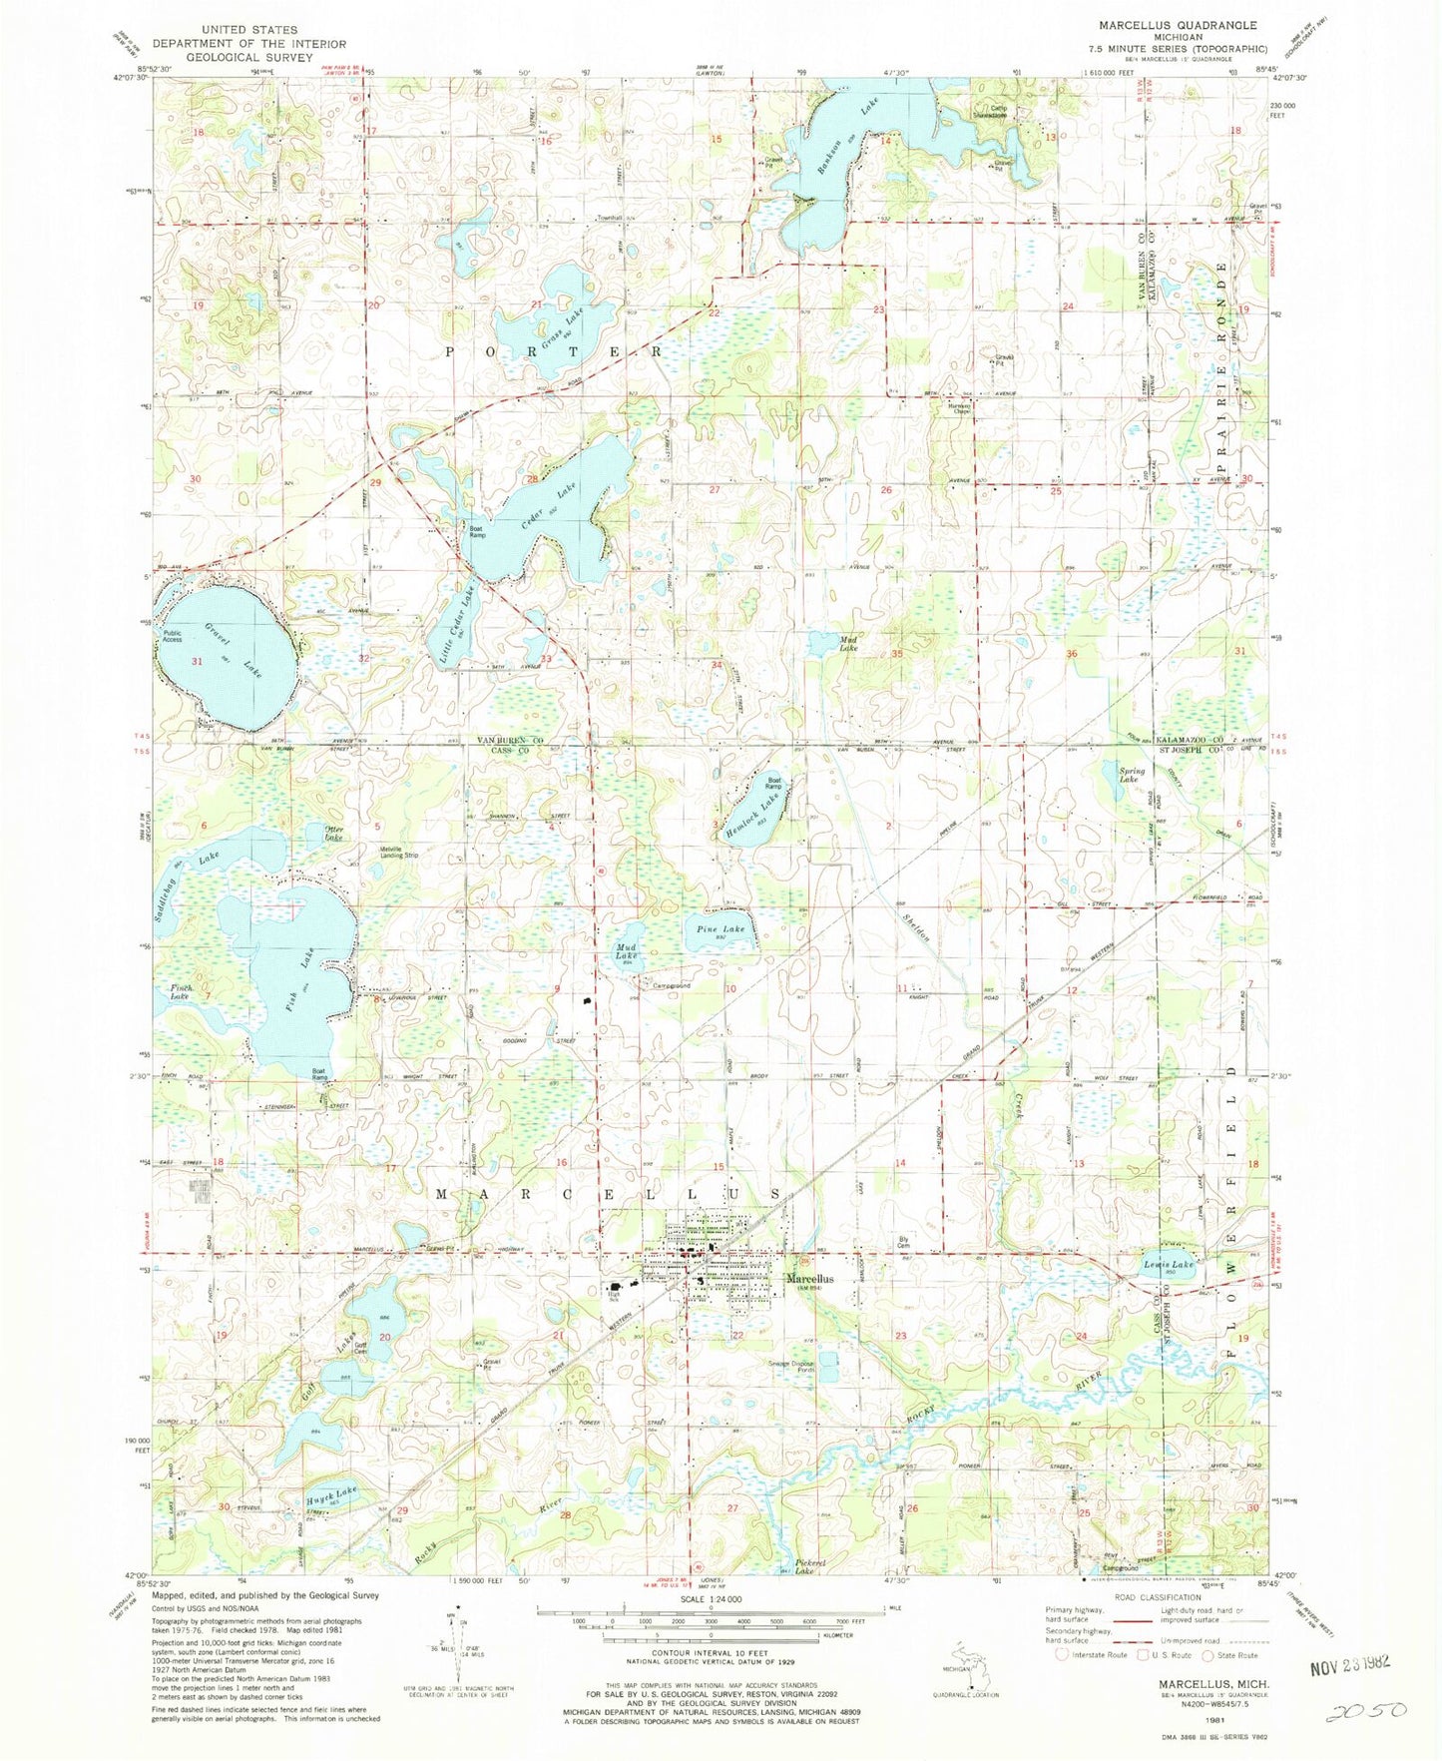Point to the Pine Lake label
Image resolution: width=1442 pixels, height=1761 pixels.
[x=721, y=929]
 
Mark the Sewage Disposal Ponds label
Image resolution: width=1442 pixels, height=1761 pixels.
[x=792, y=1368]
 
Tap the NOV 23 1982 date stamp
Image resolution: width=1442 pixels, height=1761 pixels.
[x=1349, y=1664]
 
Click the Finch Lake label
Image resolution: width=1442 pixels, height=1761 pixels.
[x=181, y=991]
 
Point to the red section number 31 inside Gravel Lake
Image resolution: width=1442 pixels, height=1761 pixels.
[x=197, y=662]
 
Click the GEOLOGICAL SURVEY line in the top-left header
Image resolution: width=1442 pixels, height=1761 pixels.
[x=248, y=57]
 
